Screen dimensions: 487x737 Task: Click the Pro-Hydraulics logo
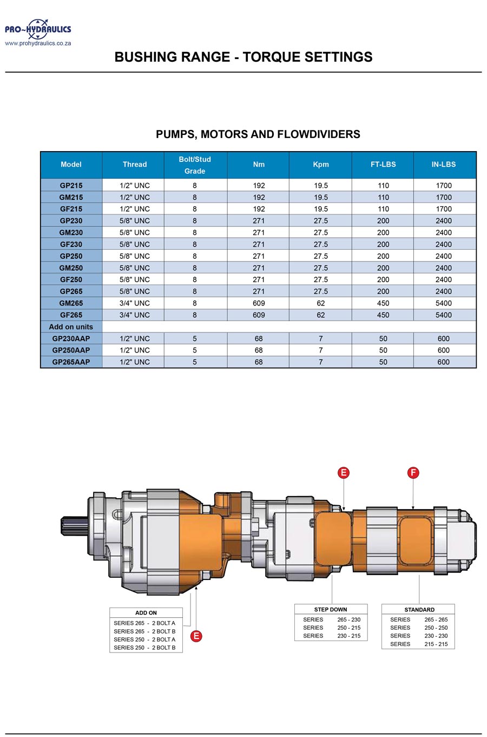click(38, 29)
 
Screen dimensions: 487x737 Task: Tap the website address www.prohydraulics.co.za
click(38, 43)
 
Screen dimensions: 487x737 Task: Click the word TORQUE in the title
click(272, 57)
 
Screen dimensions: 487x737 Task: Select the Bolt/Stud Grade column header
click(195, 165)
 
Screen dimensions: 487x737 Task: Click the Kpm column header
click(321, 165)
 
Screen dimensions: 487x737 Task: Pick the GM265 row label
click(71, 303)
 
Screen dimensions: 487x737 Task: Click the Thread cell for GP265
click(135, 291)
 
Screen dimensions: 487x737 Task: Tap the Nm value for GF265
click(259, 315)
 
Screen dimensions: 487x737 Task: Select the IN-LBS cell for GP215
click(444, 186)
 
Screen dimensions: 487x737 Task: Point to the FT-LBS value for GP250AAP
click(383, 350)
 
